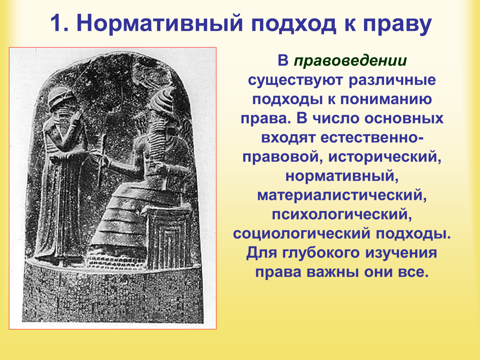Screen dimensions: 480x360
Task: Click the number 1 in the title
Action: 58,23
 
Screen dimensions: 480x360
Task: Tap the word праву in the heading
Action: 397,24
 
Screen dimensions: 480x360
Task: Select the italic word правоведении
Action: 350,61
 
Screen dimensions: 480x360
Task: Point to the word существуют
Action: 296,80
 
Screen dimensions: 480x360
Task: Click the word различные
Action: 392,80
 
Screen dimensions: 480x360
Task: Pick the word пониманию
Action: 386,99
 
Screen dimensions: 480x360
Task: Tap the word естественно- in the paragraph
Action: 372,138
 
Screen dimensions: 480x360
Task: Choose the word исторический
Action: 385,157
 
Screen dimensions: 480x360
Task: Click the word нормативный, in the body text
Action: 342,176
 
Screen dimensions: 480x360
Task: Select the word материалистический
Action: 342,195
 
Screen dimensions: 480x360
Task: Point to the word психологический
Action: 342,214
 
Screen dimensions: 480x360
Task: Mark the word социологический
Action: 302,234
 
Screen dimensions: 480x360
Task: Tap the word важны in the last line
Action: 332,272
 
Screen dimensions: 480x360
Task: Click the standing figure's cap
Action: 61,99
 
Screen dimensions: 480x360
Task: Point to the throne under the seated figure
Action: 170,238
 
